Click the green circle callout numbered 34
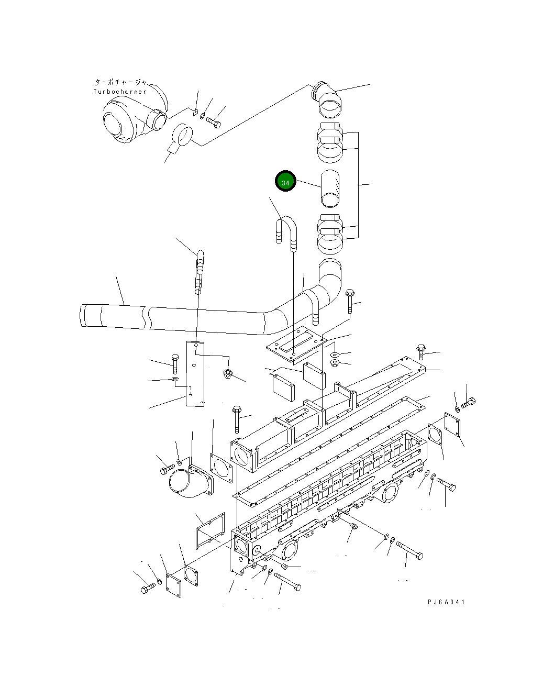click(285, 181)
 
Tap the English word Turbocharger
click(120, 92)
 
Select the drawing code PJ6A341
click(446, 602)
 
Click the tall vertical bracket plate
click(195, 373)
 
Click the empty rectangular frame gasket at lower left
click(209, 531)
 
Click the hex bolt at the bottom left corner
click(147, 589)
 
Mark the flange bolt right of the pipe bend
click(350, 302)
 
